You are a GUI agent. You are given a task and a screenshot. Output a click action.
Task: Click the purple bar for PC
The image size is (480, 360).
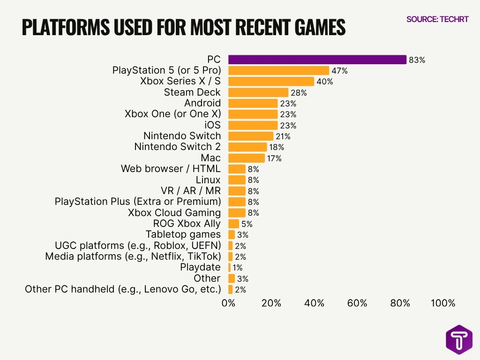pos(317,60)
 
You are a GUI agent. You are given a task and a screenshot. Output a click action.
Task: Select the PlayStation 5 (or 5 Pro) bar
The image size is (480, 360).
pos(278,71)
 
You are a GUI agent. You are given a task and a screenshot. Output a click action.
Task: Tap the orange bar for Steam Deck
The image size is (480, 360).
pos(258,92)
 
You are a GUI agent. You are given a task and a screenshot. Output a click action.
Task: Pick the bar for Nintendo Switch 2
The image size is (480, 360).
pos(247,147)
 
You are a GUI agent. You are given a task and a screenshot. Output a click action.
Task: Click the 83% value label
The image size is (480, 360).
pos(417,60)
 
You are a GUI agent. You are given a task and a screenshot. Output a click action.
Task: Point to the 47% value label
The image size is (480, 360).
pos(339,71)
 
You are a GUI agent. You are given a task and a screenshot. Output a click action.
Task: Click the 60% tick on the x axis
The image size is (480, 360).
pos(357,303)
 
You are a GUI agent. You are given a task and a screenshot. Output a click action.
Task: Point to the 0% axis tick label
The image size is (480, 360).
pos(228,303)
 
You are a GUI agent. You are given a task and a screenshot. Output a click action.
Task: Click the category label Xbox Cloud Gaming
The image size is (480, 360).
pos(174,212)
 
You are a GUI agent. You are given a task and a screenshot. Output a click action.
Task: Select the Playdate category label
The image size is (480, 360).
pos(200,267)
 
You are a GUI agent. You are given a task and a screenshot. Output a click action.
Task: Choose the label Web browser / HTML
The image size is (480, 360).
pos(171,169)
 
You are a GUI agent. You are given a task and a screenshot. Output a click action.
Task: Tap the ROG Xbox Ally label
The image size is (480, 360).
pos(187,224)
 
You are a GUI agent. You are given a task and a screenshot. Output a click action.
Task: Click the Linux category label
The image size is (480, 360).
pos(208,180)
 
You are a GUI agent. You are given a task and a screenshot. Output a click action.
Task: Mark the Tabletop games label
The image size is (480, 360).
pos(183,234)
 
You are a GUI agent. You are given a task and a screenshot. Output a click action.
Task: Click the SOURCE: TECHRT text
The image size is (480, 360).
pos(437,20)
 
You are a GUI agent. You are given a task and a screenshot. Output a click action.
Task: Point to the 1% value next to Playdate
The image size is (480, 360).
pos(238,268)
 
